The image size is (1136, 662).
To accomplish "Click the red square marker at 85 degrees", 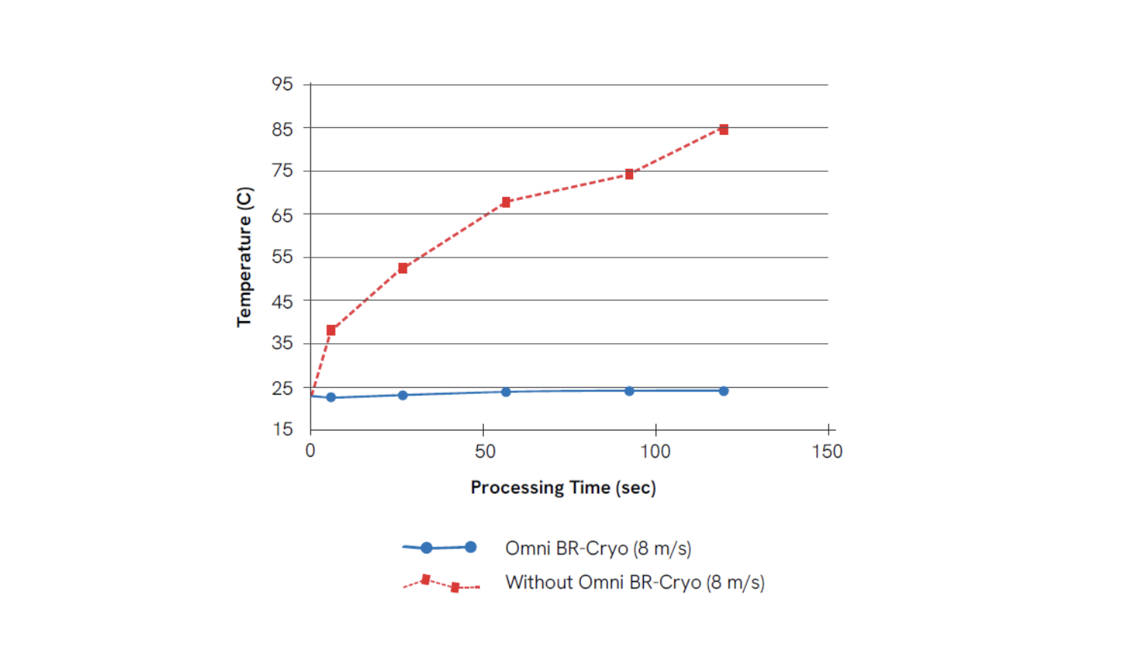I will (x=723, y=130).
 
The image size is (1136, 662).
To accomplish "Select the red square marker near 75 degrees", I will (x=629, y=174).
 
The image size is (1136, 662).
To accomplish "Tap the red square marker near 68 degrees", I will (x=506, y=202).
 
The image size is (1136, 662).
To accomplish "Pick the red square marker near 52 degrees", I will (x=403, y=268).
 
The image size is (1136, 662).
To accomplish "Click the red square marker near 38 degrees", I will (x=331, y=330).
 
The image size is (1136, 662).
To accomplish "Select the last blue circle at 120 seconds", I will (x=723, y=391).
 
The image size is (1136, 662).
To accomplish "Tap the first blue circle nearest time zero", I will (x=331, y=397).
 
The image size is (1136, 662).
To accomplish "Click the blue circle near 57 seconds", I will (x=506, y=392).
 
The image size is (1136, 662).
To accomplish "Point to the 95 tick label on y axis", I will (x=282, y=84).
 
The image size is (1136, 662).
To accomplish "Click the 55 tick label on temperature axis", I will (x=282, y=257).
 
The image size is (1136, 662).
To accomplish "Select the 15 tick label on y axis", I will (x=282, y=429).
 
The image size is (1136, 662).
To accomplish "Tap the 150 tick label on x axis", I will (x=827, y=451).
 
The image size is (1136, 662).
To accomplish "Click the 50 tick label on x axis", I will (x=485, y=451).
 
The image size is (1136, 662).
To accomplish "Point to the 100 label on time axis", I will (x=655, y=451).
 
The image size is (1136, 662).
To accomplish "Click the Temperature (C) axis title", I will (x=244, y=257).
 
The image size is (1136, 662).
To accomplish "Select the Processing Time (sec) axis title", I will (x=563, y=487).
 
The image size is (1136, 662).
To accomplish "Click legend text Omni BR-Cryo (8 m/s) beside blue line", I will (x=598, y=548).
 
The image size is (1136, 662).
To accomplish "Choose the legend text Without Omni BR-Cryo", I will (x=635, y=582).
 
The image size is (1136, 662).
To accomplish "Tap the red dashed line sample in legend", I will (x=441, y=583).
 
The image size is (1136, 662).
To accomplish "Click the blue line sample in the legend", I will (x=440, y=547).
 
